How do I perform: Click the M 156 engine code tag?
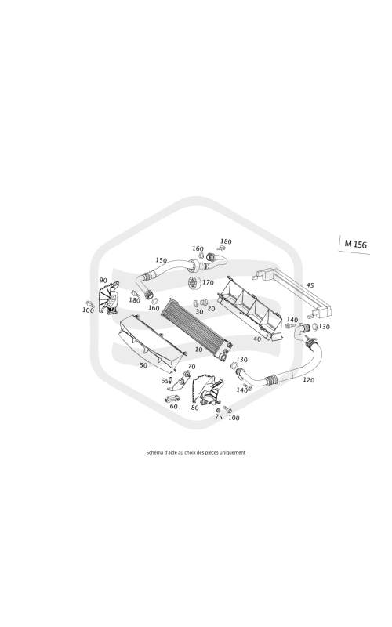coord(356,244)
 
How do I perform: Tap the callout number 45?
coord(310,285)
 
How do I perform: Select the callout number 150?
coord(161,260)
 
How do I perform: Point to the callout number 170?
coord(208,282)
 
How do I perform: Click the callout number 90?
coord(103,281)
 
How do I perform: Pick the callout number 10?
coord(199,350)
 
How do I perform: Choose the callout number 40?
coord(257,339)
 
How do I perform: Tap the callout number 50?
coord(143,365)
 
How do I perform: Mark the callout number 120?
coord(308,380)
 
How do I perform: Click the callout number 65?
coord(165,381)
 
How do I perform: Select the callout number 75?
coord(219,417)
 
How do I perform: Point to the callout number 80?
coord(194,408)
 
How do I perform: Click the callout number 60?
coord(173,406)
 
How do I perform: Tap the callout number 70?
coord(191,367)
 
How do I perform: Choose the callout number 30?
coord(199,311)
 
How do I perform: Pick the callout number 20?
coord(211,309)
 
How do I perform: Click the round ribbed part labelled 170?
coord(194,284)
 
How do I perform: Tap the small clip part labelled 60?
coord(171,399)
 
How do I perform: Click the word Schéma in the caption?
coord(152,453)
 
